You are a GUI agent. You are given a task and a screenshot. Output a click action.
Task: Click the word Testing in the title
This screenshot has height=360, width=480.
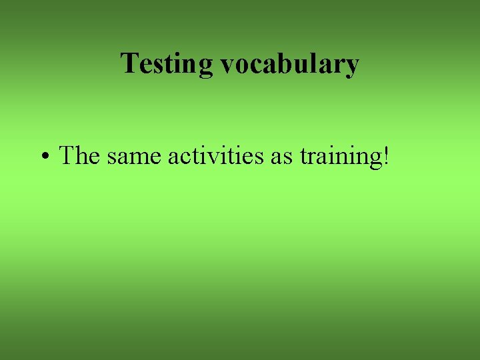click(x=167, y=65)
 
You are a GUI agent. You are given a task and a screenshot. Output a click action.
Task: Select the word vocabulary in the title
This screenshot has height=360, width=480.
click(x=289, y=65)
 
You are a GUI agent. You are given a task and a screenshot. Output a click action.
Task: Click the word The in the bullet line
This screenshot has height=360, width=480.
click(x=79, y=156)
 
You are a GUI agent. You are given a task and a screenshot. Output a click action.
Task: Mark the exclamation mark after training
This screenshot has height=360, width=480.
click(x=385, y=156)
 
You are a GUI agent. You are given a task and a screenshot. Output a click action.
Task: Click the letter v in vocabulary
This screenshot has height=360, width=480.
click(x=227, y=66)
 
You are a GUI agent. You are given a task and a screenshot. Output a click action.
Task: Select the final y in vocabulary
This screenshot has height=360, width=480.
click(x=351, y=67)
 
